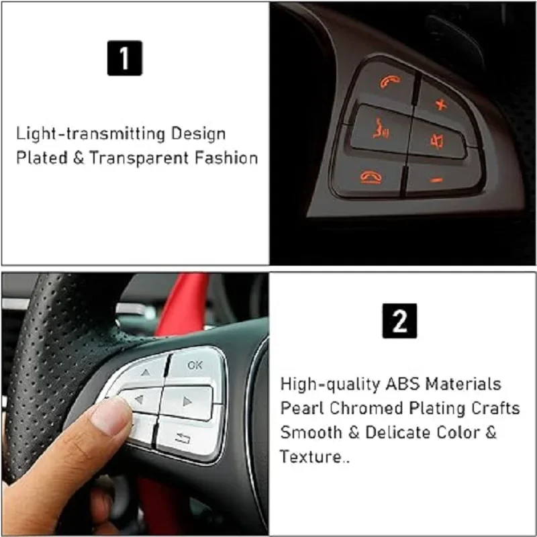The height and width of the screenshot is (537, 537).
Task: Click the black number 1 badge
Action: tap(124, 58)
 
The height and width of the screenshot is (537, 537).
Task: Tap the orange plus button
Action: tap(440, 104)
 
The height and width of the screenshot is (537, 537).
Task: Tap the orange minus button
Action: tap(436, 180)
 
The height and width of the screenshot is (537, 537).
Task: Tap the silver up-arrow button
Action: tap(145, 371)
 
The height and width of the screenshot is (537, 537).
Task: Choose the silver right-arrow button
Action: tap(187, 402)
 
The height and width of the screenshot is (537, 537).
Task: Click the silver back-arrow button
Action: tap(182, 437)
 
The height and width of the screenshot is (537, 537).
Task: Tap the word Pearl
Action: tap(300, 408)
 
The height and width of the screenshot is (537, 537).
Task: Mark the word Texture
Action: tap(310, 457)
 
